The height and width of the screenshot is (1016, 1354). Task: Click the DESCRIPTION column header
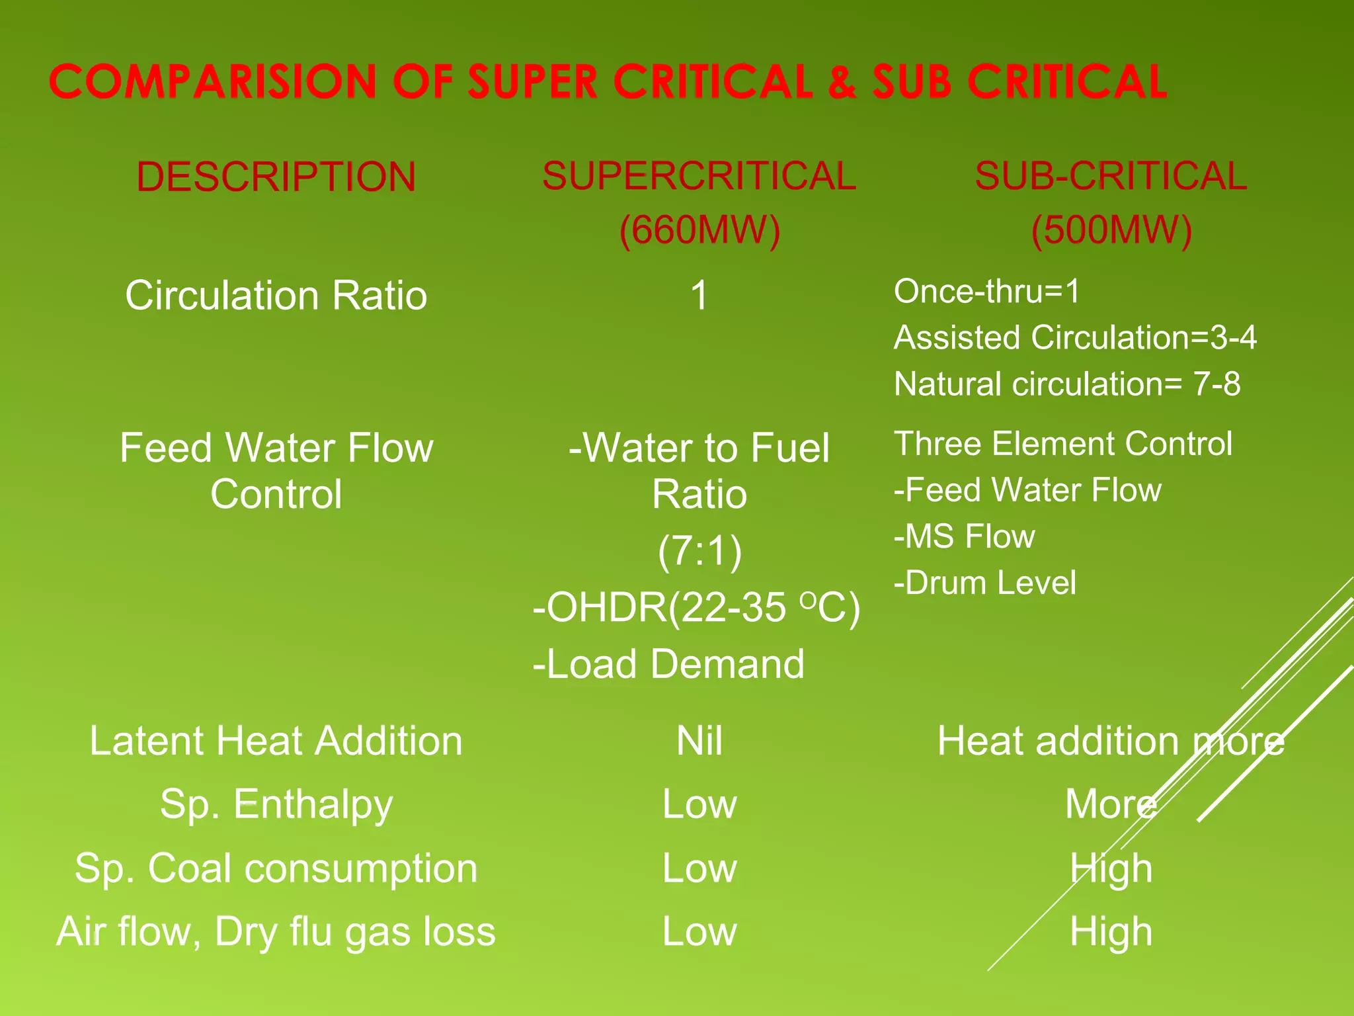(276, 177)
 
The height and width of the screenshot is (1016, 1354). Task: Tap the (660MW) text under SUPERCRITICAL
(699, 230)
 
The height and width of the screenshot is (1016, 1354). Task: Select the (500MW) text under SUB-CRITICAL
(1111, 230)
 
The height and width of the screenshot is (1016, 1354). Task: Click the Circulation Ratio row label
(276, 295)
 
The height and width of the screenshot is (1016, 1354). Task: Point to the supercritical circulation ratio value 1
(699, 295)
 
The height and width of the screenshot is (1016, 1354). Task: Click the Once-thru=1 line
(986, 291)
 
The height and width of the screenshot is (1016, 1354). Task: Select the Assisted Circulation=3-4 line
(1075, 337)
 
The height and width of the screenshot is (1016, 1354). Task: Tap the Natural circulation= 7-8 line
(1067, 384)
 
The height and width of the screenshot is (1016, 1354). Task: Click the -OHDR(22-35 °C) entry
(696, 607)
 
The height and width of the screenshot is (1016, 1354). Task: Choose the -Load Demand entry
(668, 663)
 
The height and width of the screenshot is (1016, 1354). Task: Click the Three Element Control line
(1063, 443)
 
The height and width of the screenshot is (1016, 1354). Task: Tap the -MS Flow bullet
(964, 536)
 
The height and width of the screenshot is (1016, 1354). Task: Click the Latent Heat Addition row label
(276, 740)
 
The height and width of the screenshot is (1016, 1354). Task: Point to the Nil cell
(699, 740)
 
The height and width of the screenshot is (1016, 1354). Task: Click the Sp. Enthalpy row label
(276, 804)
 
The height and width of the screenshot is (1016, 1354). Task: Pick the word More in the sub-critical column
(1111, 804)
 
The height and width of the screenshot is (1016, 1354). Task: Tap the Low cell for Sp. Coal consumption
(699, 868)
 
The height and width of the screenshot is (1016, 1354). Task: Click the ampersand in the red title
(842, 82)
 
